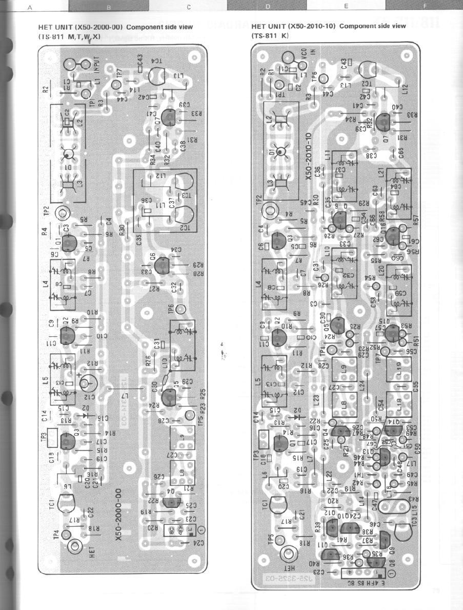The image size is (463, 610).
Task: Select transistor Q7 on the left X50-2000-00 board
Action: click(x=168, y=118)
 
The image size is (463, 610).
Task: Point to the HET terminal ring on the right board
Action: click(x=288, y=555)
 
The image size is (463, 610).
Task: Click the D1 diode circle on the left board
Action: click(x=68, y=155)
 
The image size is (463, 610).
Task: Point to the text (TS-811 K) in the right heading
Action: click(x=270, y=36)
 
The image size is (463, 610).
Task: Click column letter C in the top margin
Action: click(x=189, y=7)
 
